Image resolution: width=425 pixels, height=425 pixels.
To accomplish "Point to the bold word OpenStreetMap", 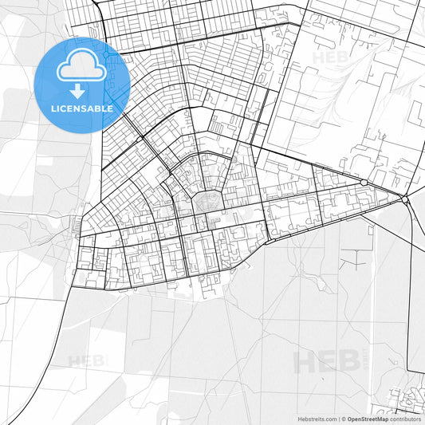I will point(368,418).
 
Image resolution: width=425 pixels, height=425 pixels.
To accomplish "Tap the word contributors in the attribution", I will point(406,418).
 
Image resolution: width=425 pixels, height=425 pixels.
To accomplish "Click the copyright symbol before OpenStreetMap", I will point(344,418).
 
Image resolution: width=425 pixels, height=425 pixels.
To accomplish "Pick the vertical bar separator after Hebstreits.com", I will point(338,418).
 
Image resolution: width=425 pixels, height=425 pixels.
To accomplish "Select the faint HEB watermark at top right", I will point(327,58).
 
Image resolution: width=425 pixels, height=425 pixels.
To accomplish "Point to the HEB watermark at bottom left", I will point(86,361).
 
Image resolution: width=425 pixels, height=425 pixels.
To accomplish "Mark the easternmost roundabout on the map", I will point(405,197).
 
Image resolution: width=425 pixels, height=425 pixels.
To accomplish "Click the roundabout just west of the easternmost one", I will point(364,183).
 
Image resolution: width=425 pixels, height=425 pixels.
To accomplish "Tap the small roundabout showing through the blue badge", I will point(104,55).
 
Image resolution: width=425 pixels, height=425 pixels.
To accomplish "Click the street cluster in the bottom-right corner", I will point(407,399).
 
